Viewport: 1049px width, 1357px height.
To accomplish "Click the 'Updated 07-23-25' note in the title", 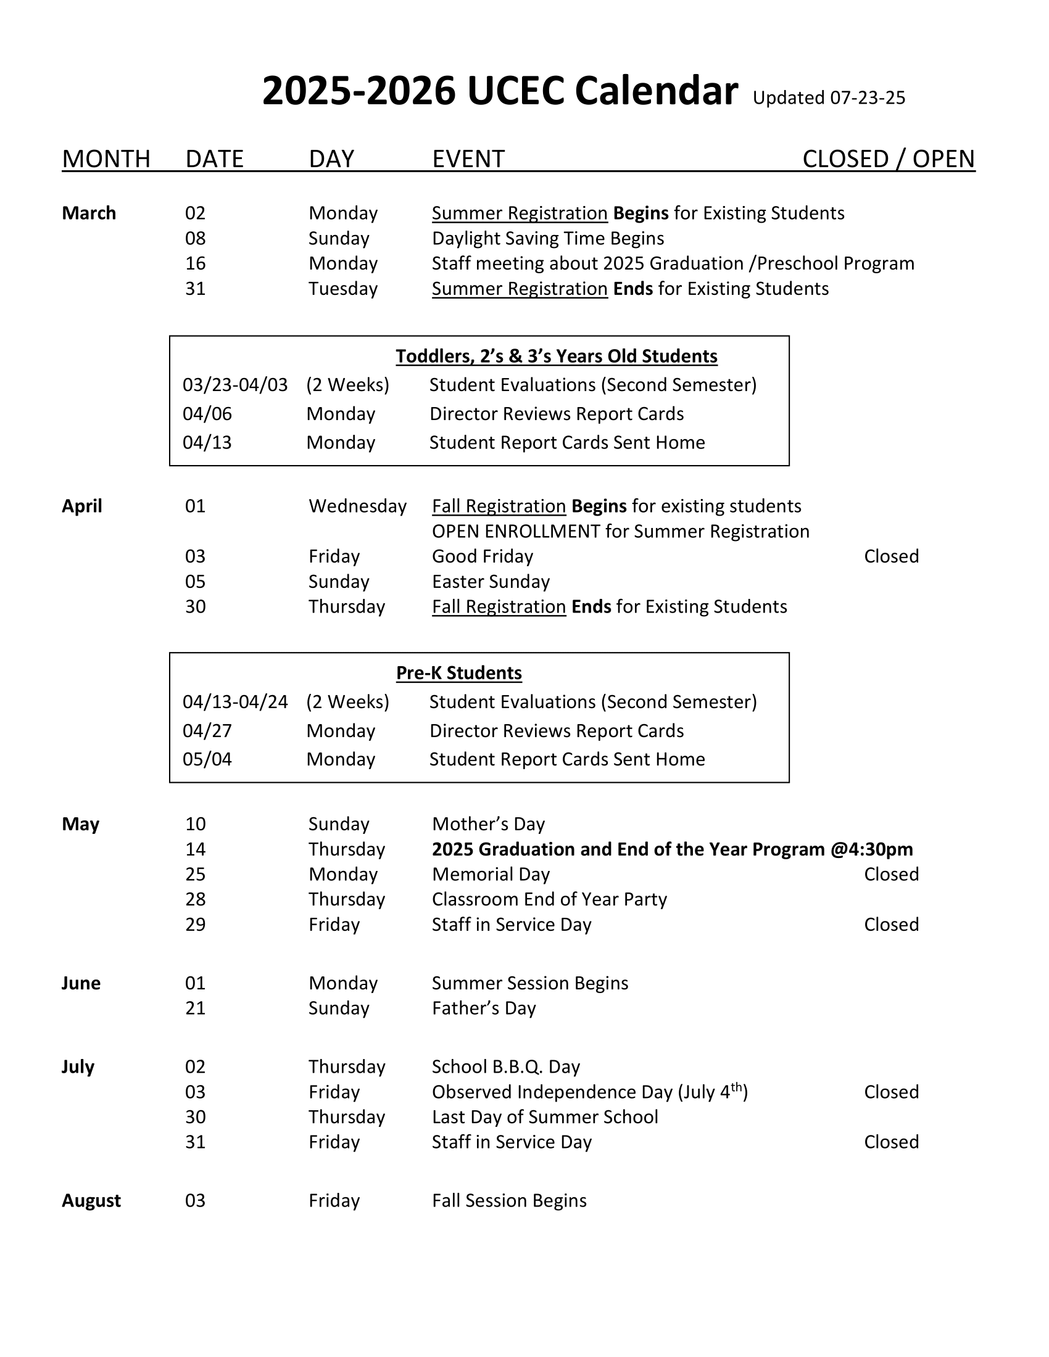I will pyautogui.click(x=828, y=98).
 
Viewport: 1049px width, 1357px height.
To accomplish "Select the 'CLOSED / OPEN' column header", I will pyautogui.click(x=888, y=159).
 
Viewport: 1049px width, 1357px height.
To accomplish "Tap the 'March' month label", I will pyautogui.click(x=89, y=213).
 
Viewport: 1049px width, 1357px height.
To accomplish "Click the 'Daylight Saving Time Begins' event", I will pyautogui.click(x=547, y=239).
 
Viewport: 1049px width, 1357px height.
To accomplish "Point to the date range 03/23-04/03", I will pyautogui.click(x=235, y=386).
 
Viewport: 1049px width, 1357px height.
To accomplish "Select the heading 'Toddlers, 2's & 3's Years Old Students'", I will pyautogui.click(x=556, y=356).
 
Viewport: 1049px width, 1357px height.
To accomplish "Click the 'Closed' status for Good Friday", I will pyautogui.click(x=890, y=556).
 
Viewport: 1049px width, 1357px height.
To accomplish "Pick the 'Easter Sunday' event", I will pyautogui.click(x=491, y=582).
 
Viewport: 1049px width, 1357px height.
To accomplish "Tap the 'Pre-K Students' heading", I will pyautogui.click(x=458, y=673).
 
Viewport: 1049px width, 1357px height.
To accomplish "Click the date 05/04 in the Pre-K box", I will pyautogui.click(x=207, y=759).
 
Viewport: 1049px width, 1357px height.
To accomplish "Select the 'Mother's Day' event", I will pyautogui.click(x=488, y=824).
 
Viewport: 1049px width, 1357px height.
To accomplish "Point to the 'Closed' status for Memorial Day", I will pyautogui.click(x=890, y=874).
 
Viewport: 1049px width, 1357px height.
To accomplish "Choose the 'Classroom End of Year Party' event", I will pyautogui.click(x=549, y=899).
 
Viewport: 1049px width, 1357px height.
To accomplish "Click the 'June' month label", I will pyautogui.click(x=81, y=983).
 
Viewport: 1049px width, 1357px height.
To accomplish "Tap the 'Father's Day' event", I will pyautogui.click(x=484, y=1008).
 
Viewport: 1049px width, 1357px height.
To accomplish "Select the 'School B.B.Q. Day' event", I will pyautogui.click(x=505, y=1067).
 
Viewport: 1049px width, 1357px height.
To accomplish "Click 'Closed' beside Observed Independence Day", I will pyautogui.click(x=890, y=1092).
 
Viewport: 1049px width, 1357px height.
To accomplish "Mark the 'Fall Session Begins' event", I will pyautogui.click(x=509, y=1200).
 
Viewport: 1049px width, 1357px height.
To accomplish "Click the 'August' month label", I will pyautogui.click(x=91, y=1200).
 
